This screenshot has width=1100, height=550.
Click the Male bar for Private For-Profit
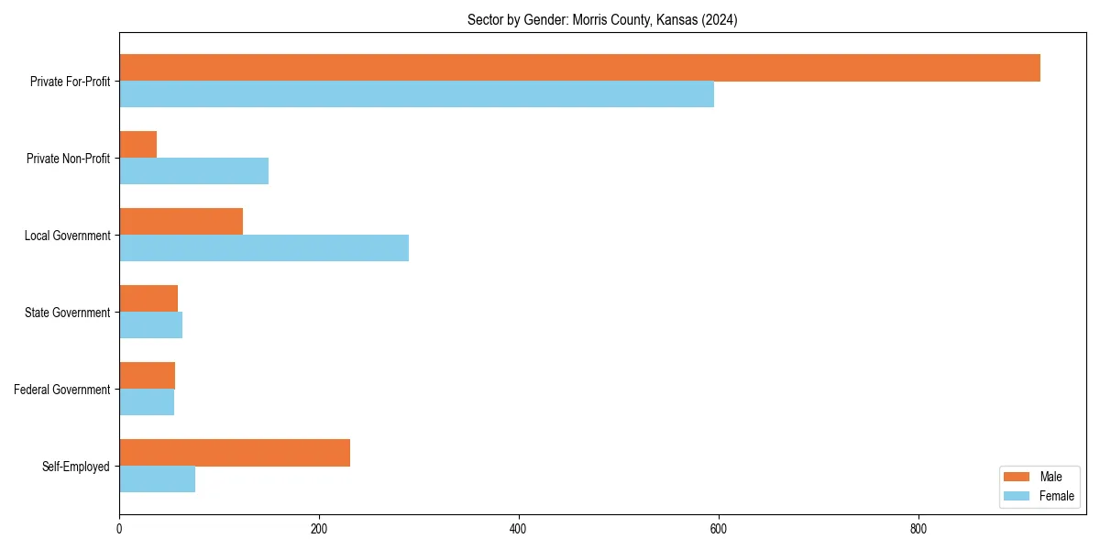point(579,68)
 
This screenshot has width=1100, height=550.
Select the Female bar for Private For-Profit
point(416,94)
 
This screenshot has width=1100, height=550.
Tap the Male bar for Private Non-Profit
point(137,145)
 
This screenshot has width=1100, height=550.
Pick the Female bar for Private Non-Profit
point(193,171)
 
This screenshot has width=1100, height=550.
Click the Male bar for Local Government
point(181,222)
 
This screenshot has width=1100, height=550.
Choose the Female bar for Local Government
point(264,248)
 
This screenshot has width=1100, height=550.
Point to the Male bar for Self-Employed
point(235,453)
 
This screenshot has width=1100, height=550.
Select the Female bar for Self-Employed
point(157,479)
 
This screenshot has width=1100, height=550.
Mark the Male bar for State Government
point(148,299)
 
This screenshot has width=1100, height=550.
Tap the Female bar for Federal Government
point(147,402)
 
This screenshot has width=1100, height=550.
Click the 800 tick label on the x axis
point(918,529)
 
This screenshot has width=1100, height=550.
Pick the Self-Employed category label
point(76,467)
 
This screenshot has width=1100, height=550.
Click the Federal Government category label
point(62,390)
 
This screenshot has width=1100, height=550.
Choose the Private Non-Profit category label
point(68,159)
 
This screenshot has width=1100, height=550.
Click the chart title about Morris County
point(602,19)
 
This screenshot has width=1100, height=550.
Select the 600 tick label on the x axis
point(719,529)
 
